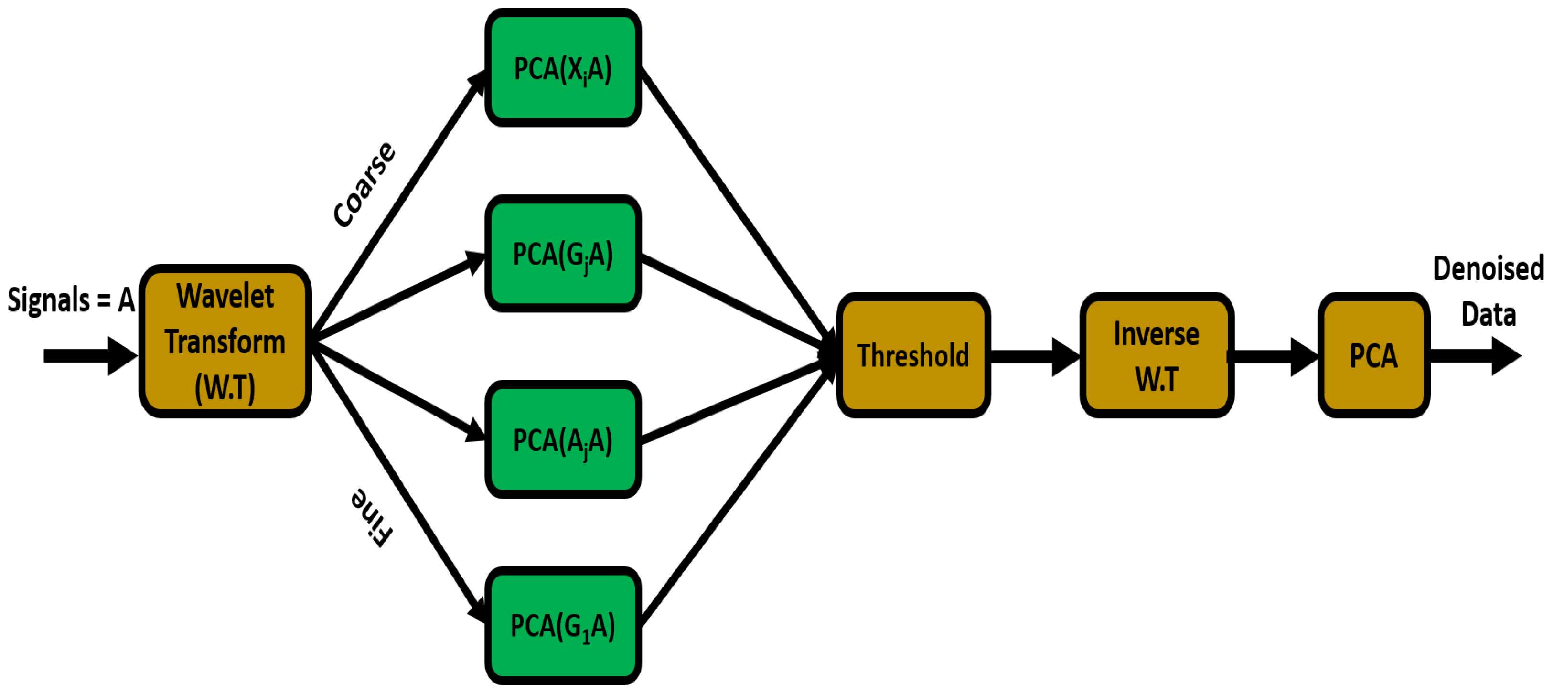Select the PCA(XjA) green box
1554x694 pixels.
pos(563,67)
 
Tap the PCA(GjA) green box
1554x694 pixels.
pos(563,253)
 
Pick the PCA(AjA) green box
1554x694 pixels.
pos(563,439)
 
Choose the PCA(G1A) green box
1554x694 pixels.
pos(563,625)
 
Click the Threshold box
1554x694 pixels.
pos(913,355)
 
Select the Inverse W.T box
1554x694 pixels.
pos(1157,355)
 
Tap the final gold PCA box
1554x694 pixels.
pos(1373,355)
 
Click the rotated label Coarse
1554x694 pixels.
pos(364,184)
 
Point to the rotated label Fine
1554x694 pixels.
pos(372,517)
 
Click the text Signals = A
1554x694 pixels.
pos(71,299)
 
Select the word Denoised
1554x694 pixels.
pos(1488,268)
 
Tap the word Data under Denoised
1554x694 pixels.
pos(1488,314)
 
